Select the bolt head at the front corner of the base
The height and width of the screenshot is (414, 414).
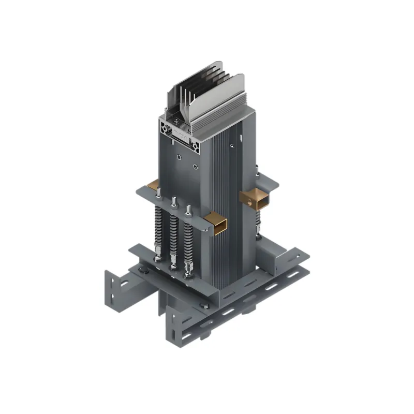click(206, 309)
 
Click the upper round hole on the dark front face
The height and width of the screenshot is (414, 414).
click(179, 157)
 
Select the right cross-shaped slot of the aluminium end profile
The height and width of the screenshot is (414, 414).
click(198, 146)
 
